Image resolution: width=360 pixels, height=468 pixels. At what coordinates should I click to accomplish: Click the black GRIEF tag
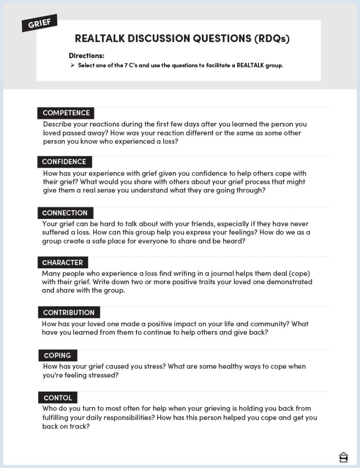(x=39, y=23)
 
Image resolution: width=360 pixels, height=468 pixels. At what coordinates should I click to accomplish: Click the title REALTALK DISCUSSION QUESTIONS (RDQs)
(x=182, y=38)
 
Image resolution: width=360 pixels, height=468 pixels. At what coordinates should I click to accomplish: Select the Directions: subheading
(x=86, y=55)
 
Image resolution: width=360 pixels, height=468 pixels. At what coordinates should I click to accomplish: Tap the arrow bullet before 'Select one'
(x=72, y=65)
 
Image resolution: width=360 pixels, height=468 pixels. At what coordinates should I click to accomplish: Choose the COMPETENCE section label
(x=66, y=113)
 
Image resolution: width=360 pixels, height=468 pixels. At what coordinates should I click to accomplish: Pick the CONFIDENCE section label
(x=64, y=162)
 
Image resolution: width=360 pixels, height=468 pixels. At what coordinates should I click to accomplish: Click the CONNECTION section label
(x=65, y=213)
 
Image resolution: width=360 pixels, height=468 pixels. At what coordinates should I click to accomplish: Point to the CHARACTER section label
(x=62, y=263)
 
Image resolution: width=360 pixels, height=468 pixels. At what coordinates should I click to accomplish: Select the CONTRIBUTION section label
(x=68, y=313)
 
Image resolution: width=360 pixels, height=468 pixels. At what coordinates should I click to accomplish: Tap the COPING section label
(x=57, y=355)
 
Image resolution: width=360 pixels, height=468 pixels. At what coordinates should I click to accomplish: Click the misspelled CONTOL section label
(x=58, y=398)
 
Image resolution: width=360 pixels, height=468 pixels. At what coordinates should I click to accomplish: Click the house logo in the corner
(x=343, y=457)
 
